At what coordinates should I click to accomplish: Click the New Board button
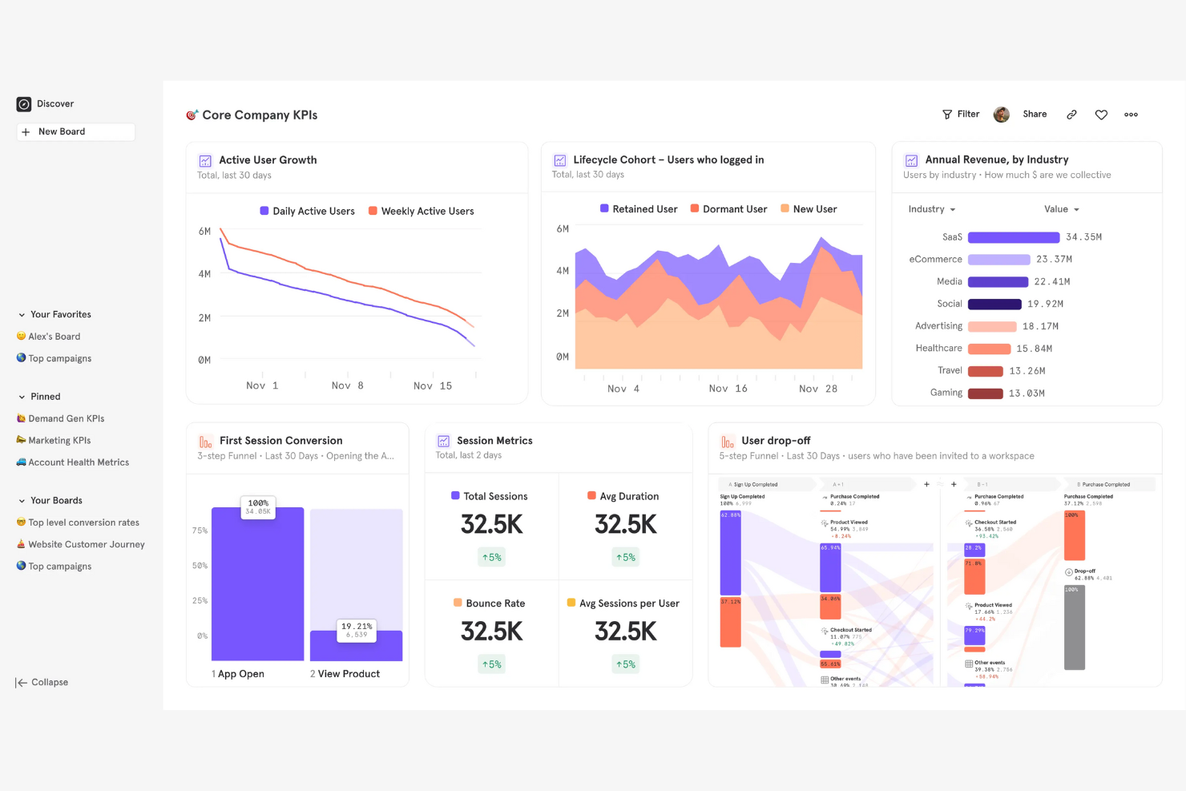75,131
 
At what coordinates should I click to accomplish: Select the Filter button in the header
961,115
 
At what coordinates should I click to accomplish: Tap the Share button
1035,115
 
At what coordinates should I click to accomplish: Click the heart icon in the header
1101,115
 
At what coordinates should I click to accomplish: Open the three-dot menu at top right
1131,115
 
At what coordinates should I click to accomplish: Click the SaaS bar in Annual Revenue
1013,237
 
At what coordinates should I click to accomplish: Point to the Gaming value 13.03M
1027,393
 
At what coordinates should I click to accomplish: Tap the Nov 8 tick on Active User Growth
348,385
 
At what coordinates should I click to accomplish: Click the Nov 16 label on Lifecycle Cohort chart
728,389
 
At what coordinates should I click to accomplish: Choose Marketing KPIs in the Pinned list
59,440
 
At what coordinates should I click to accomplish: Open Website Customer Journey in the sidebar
87,544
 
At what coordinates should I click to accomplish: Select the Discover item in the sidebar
54,104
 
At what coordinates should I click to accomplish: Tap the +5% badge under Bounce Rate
491,664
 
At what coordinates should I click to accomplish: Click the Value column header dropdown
1062,209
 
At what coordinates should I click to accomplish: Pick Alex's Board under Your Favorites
54,337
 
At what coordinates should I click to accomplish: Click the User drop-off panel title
775,441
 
